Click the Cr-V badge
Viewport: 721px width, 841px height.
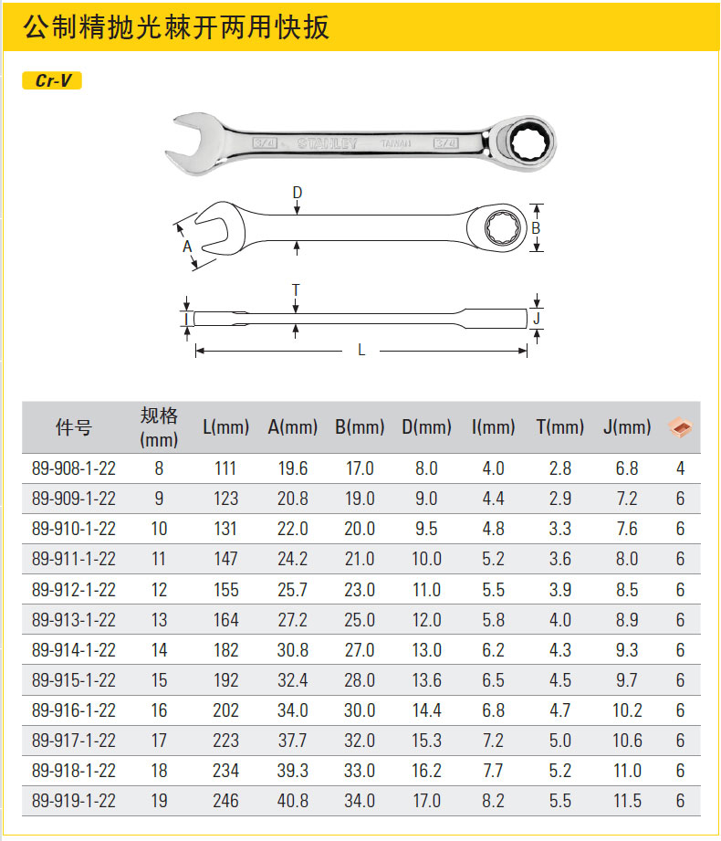pyautogui.click(x=52, y=80)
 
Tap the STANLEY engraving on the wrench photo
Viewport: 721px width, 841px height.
pyautogui.click(x=327, y=143)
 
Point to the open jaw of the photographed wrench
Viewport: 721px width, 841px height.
pyautogui.click(x=189, y=142)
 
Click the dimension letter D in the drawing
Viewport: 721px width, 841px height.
pyautogui.click(x=297, y=192)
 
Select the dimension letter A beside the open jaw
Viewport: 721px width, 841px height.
pyautogui.click(x=186, y=247)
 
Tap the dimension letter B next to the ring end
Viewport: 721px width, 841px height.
pyautogui.click(x=536, y=228)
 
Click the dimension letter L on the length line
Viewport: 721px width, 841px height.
pyautogui.click(x=361, y=351)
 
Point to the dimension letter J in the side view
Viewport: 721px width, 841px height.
pyautogui.click(x=537, y=318)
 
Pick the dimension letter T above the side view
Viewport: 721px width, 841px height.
pyautogui.click(x=296, y=290)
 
